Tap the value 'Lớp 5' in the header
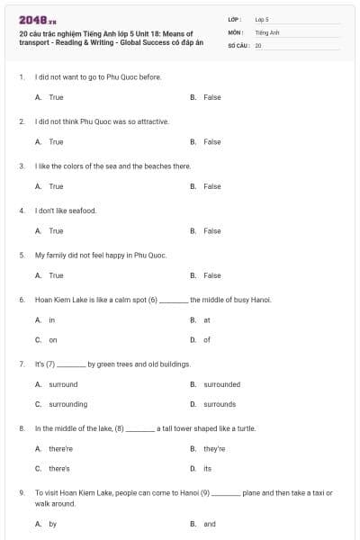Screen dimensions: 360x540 [262, 19]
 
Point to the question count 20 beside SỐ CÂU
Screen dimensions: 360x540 [258, 45]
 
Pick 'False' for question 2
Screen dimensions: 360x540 [211, 141]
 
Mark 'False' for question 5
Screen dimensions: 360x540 [211, 275]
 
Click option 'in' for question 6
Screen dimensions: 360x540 [51, 319]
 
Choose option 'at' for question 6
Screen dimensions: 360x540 [207, 319]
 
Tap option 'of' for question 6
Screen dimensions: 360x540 [207, 339]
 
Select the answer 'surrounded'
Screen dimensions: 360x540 [221, 384]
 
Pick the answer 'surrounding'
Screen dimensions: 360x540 [67, 404]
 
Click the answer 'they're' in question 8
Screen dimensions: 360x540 [214, 448]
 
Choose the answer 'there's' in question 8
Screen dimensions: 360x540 [59, 468]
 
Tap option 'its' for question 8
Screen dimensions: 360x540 [207, 468]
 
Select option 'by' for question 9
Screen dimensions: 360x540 [52, 523]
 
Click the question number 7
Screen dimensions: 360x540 [22, 364]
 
